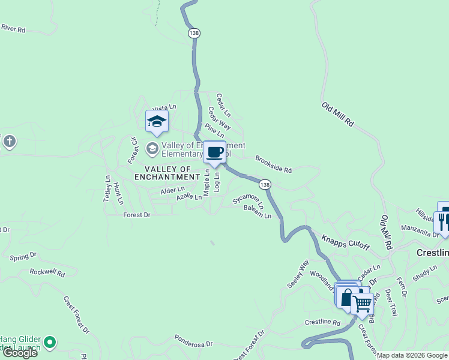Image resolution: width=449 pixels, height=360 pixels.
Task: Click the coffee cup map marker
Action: point(215,151)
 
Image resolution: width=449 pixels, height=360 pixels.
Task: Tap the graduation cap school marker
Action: point(157,121)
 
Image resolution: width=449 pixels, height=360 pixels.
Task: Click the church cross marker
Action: point(9,142)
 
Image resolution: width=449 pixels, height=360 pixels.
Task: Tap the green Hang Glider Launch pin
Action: point(50,343)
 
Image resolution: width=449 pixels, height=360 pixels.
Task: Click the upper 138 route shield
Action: point(193,34)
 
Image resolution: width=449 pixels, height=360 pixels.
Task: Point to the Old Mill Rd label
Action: point(338,114)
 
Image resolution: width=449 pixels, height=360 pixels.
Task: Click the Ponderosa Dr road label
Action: point(194,342)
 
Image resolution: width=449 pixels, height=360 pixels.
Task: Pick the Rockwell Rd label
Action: point(47,272)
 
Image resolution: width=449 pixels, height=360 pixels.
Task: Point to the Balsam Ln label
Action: point(258,211)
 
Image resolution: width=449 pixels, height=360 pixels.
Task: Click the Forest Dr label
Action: point(136,214)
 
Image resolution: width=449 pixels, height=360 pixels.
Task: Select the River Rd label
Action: point(13,28)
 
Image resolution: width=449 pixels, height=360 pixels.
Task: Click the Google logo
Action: point(20,353)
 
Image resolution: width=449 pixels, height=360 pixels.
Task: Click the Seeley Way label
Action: point(298,273)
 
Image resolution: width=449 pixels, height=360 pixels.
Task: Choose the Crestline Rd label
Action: point(322,323)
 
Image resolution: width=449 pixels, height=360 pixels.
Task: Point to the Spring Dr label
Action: point(23,256)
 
